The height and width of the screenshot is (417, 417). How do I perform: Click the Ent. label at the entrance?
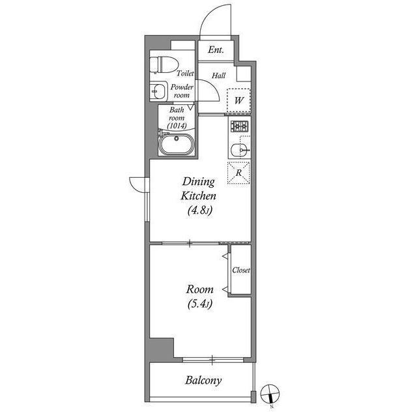pos(216,50)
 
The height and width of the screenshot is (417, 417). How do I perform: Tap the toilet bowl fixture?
pos(161,65)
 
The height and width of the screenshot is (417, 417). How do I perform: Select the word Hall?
pos(219,76)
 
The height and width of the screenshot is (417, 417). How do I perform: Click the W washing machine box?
pos(239,100)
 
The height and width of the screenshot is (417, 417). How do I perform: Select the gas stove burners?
pos(239,126)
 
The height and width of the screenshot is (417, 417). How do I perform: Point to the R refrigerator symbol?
pos(239,173)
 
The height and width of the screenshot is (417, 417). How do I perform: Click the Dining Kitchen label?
pos(198,189)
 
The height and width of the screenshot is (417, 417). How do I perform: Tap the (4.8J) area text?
pos(198,210)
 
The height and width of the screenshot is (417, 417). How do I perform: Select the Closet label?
pos(241,270)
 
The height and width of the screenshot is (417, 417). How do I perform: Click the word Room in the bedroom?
pos(199,289)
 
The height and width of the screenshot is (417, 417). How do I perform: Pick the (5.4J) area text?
pos(199,304)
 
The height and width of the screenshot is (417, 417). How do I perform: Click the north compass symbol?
pos(269,394)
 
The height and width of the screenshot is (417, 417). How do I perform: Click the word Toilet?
pos(184,74)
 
